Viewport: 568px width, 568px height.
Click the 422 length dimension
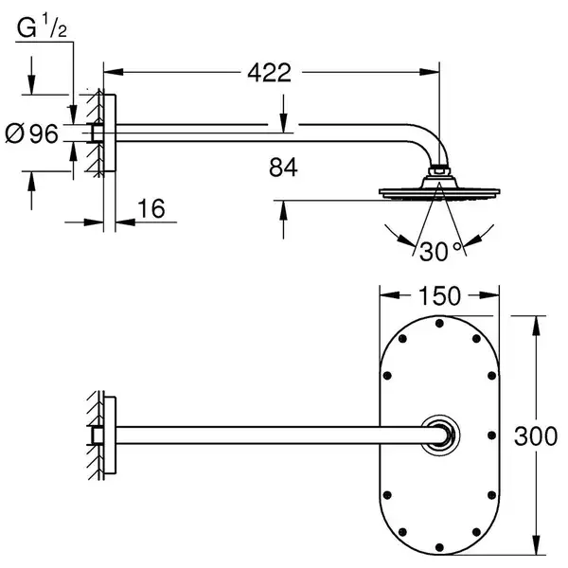(x=269, y=73)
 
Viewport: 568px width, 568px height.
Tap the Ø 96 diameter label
(x=31, y=133)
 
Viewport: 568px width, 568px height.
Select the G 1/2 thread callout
(x=42, y=25)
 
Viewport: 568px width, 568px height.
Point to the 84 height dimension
(x=283, y=168)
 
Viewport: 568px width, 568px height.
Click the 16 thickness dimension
(x=151, y=208)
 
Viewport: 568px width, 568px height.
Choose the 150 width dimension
(x=439, y=296)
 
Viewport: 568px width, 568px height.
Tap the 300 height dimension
(x=536, y=435)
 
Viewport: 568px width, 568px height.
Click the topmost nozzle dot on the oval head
(x=439, y=324)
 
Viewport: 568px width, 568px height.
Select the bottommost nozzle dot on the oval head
(x=439, y=547)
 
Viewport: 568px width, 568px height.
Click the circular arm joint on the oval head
(x=440, y=435)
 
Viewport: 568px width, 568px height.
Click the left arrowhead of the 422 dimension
(x=114, y=72)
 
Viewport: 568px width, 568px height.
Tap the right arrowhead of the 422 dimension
(x=430, y=72)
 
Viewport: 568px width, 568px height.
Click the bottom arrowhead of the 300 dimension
(x=537, y=544)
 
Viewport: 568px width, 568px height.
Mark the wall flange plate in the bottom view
(x=110, y=435)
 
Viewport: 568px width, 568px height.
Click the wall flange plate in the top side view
(x=110, y=133)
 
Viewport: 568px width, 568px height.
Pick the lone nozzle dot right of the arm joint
(x=491, y=435)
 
